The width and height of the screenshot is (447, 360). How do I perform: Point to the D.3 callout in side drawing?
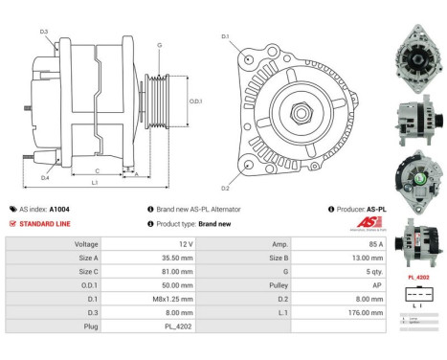45,33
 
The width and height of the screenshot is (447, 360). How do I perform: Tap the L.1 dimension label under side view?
94,182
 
